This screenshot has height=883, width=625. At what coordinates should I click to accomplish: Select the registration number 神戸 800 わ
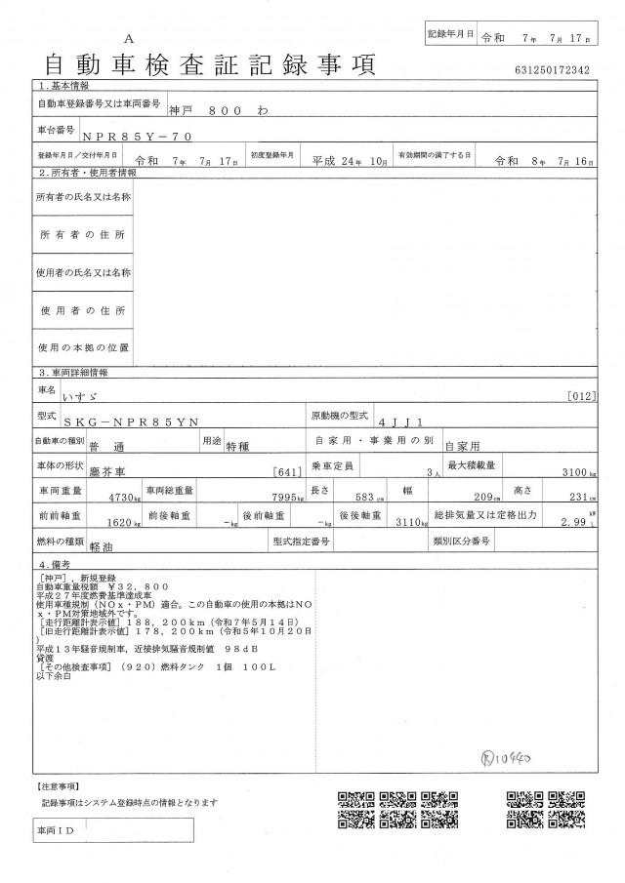[220, 111]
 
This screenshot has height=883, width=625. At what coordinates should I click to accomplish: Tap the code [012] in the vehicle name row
[579, 395]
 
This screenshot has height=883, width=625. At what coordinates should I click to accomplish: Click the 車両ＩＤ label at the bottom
[60, 830]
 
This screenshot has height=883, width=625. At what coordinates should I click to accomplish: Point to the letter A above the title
[128, 41]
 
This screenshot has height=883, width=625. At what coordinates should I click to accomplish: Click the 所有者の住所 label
[83, 236]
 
